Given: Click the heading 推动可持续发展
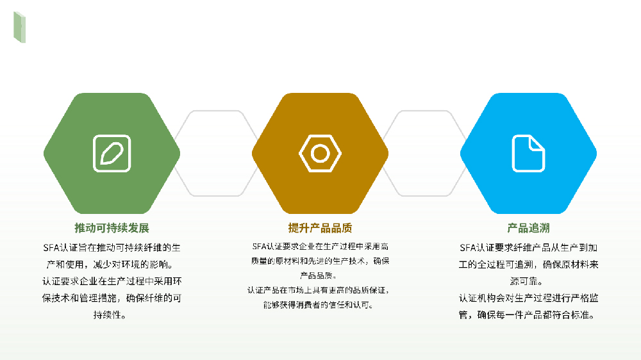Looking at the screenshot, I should (x=112, y=228).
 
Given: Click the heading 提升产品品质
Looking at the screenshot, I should (x=320, y=228).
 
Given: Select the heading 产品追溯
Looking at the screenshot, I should (x=528, y=228).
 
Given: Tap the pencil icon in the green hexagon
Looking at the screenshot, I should (x=112, y=153).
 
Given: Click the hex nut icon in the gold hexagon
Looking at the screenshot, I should (x=320, y=153).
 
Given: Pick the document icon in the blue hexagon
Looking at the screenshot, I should (x=528, y=153).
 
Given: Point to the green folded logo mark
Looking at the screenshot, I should (x=19, y=27).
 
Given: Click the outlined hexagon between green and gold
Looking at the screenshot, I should (x=216, y=153).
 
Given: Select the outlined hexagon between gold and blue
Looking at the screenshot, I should (x=424, y=153).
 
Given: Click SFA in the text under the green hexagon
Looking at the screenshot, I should (x=51, y=247).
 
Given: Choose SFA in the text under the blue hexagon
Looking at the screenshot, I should (x=468, y=247).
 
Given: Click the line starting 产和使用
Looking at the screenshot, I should (x=112, y=263).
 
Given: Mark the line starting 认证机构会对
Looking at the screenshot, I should (x=528, y=298).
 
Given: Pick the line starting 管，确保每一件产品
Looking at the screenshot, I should (x=528, y=315).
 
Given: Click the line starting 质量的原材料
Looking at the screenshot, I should (x=320, y=261).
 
